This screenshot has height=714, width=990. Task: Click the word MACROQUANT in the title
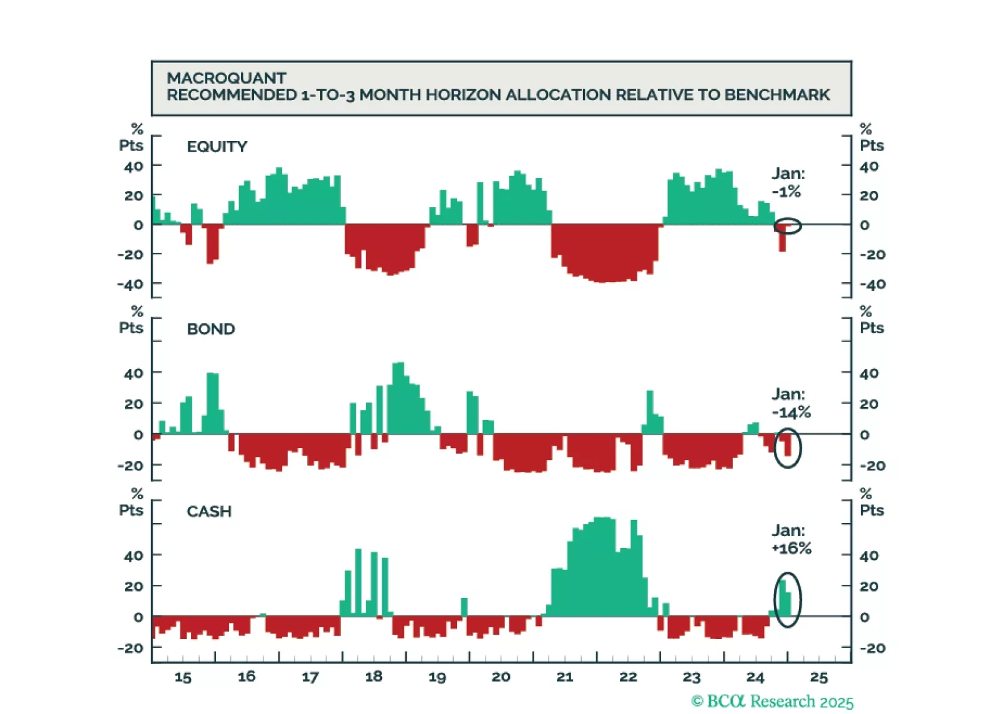(226, 78)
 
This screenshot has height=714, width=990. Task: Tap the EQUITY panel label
(217, 147)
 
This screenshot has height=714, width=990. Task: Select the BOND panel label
(210, 329)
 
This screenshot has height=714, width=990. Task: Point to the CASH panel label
(208, 512)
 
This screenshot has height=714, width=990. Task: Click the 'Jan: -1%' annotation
(787, 182)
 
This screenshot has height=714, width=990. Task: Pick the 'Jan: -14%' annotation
(790, 403)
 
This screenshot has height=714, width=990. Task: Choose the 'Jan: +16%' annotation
(791, 539)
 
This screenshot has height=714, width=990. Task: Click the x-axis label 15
(183, 677)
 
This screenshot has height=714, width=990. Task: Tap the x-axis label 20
(501, 677)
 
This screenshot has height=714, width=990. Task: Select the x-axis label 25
(818, 677)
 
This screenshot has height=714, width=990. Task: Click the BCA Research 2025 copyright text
(772, 702)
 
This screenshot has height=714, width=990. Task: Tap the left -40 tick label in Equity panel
(130, 285)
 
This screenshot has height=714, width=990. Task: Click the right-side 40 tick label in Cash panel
(869, 555)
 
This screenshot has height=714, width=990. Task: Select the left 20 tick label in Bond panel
(134, 404)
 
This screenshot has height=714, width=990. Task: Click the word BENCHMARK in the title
(777, 95)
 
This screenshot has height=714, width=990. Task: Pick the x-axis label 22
(628, 677)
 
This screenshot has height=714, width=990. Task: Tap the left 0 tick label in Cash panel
(138, 617)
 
